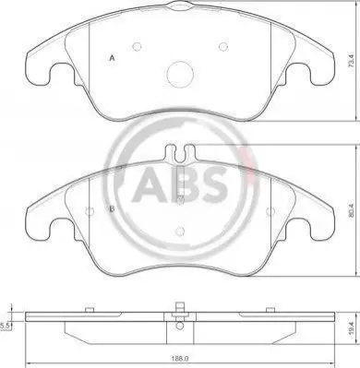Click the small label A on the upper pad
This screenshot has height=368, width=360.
(x=113, y=58)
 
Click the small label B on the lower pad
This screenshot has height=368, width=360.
(x=113, y=208)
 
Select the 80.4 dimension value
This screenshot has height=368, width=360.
(x=352, y=210)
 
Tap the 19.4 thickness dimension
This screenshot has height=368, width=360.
(x=352, y=326)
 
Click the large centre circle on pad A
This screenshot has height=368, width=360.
(x=180, y=74)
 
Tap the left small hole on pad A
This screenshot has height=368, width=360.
(x=137, y=47)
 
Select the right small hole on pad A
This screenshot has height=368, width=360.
(x=223, y=47)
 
